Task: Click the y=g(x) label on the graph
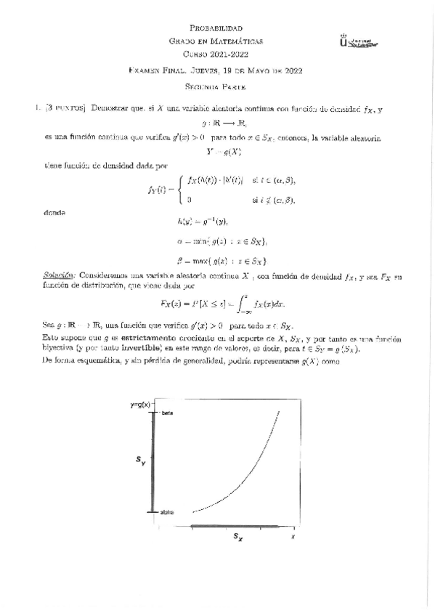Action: (140, 404)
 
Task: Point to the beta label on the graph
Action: (166, 413)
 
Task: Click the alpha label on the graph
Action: (166, 512)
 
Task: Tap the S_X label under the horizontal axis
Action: (237, 538)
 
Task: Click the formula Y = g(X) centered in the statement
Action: (216, 153)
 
